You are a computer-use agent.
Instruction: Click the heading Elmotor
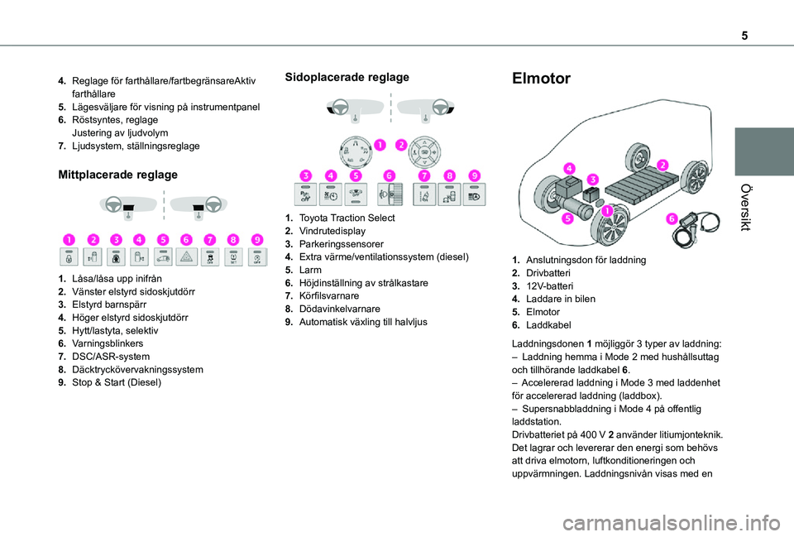(542, 79)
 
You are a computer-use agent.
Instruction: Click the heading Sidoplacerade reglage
(347, 77)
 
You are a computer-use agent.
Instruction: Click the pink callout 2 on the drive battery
(663, 164)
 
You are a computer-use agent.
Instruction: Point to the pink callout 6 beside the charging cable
(671, 218)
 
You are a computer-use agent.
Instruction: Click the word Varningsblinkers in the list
(108, 343)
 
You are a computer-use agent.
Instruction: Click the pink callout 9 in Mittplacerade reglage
(257, 240)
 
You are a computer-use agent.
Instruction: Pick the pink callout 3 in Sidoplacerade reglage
(306, 175)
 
